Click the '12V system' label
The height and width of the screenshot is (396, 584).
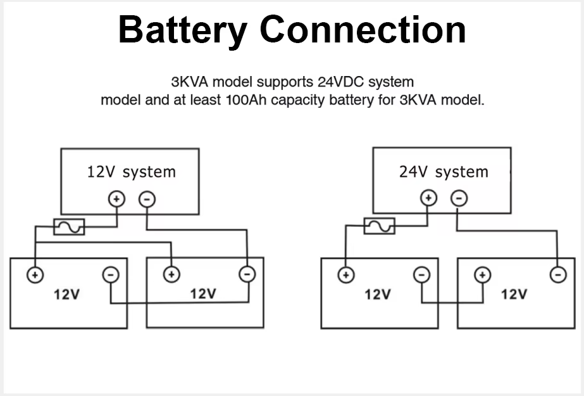click(x=131, y=172)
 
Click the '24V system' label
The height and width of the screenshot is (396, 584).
click(x=444, y=172)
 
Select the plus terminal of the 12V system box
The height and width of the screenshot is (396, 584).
click(x=116, y=199)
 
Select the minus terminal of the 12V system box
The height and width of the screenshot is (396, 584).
click(x=147, y=199)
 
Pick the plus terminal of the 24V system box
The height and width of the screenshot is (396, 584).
click(x=429, y=198)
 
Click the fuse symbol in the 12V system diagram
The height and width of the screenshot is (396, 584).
click(x=69, y=226)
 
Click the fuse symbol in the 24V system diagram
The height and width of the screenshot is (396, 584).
click(x=379, y=226)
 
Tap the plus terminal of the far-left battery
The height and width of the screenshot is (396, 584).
click(x=35, y=274)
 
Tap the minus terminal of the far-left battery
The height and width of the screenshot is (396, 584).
click(x=111, y=274)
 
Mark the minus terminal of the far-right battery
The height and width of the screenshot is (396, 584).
click(x=557, y=274)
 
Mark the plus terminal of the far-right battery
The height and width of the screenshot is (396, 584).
click(x=483, y=274)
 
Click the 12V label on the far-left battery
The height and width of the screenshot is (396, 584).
click(x=66, y=295)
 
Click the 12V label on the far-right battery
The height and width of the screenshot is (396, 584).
click(x=514, y=295)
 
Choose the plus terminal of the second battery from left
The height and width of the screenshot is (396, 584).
click(x=171, y=274)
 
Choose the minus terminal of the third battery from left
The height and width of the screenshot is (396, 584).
click(x=421, y=274)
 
